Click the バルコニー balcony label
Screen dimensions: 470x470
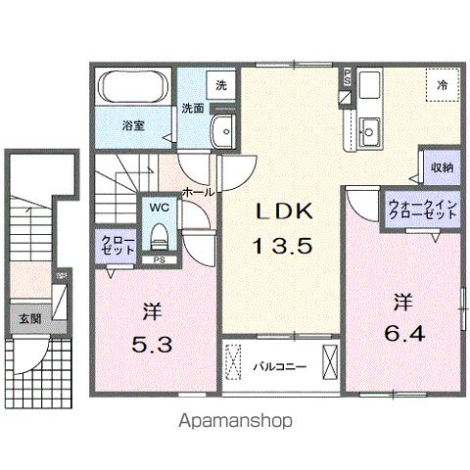tap(280, 368)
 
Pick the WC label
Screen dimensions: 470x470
tap(158, 208)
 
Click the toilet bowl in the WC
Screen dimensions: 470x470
tap(159, 235)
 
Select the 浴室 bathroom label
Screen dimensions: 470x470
tap(133, 125)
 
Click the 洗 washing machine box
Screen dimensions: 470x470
tap(221, 85)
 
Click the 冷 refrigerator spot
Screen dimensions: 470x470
tap(442, 86)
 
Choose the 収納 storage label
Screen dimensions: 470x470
tap(441, 167)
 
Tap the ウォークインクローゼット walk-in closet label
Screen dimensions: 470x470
tap(409, 208)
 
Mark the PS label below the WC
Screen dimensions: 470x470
tap(158, 259)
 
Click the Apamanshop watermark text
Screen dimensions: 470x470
tap(235, 421)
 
